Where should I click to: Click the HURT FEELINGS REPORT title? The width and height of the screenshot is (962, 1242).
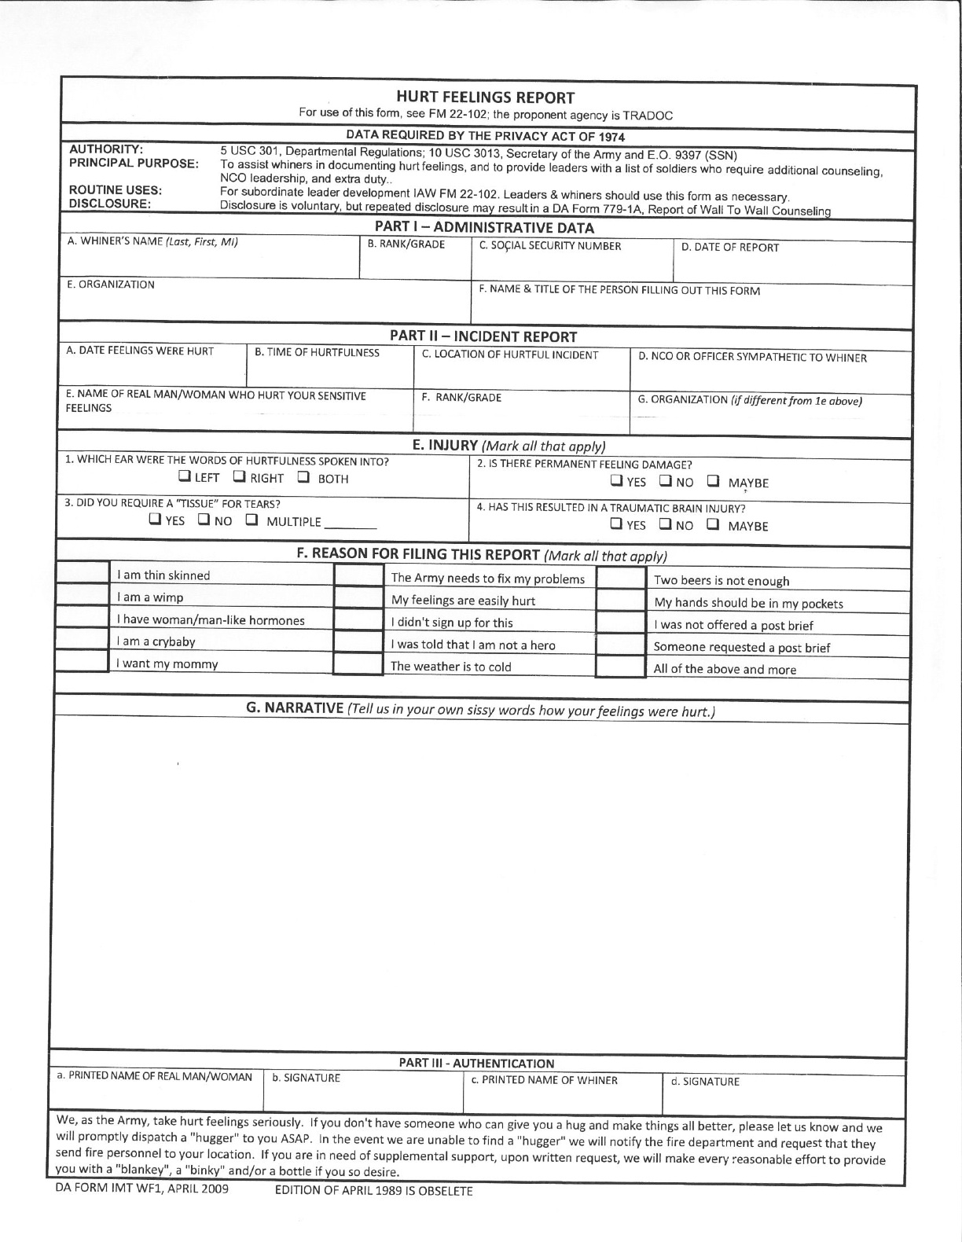[485, 97]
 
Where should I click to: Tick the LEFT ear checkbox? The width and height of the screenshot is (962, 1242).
[183, 476]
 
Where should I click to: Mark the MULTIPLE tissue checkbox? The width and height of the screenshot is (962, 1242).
[252, 520]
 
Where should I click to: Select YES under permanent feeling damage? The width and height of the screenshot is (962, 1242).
[617, 480]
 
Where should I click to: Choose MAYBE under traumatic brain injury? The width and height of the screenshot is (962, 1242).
[713, 524]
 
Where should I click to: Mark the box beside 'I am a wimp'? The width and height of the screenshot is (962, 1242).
[83, 597]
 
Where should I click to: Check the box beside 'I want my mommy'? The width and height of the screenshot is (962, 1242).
[83, 662]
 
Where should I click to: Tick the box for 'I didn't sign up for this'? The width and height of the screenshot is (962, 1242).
[358, 621]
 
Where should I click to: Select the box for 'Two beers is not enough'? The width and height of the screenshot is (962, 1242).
[620, 579]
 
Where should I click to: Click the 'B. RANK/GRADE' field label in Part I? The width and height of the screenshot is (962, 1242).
[406, 244]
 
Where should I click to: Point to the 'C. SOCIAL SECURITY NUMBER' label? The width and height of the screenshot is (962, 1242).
[550, 246]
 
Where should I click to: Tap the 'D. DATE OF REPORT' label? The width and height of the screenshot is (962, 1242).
[729, 248]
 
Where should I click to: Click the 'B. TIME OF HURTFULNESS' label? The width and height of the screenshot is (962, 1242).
[317, 352]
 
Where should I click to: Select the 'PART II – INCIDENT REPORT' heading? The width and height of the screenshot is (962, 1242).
[483, 336]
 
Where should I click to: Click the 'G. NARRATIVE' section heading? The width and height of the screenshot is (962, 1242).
[295, 707]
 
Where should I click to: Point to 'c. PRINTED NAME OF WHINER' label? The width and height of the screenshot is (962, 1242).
[544, 1080]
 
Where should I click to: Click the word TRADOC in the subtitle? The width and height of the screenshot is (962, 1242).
[648, 115]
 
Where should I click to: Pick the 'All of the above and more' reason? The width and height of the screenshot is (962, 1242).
[725, 670]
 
